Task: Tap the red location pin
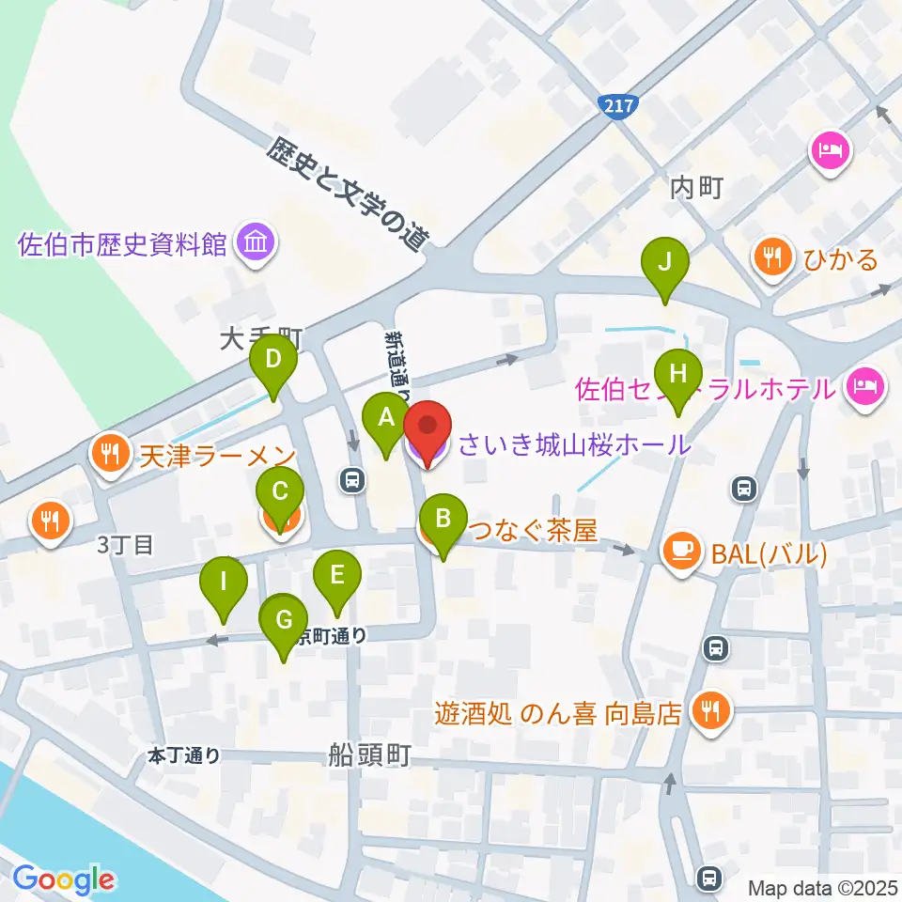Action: tap(428, 432)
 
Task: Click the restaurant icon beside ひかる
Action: tap(773, 258)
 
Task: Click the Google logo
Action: tap(64, 879)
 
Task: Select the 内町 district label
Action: tap(696, 187)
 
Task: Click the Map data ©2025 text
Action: tap(821, 886)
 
